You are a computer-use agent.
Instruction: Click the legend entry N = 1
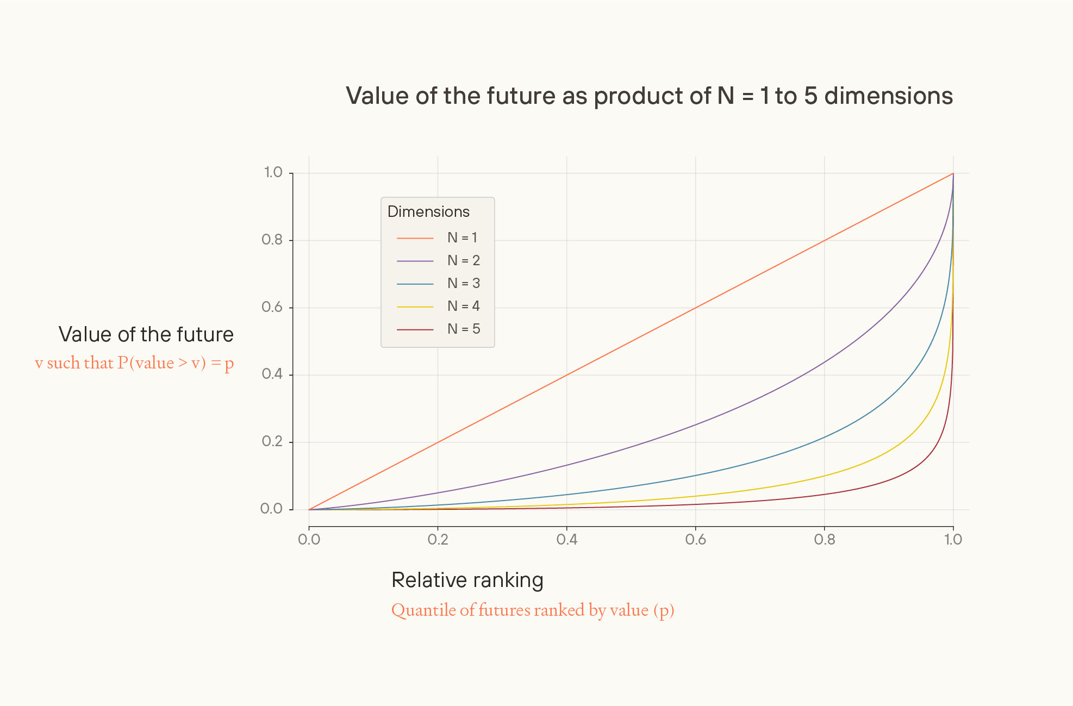(463, 238)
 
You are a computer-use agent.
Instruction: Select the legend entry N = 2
(463, 261)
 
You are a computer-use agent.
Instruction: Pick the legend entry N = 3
(463, 284)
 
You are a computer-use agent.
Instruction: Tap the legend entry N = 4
(463, 307)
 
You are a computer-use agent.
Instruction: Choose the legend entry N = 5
(463, 329)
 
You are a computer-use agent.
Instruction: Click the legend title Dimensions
(428, 212)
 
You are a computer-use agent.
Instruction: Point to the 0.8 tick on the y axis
(272, 240)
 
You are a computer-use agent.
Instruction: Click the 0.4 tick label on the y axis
(272, 374)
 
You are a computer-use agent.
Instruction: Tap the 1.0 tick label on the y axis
(273, 173)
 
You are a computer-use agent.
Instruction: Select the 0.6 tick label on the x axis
(695, 540)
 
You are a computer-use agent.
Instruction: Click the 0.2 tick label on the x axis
(438, 540)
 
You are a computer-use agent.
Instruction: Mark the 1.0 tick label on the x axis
(953, 540)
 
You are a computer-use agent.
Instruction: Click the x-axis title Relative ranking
(467, 580)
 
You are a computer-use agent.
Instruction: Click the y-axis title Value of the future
(146, 335)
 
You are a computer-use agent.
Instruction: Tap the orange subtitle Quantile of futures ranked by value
(532, 610)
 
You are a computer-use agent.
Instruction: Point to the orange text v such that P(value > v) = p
(134, 363)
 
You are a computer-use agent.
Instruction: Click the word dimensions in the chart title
(888, 96)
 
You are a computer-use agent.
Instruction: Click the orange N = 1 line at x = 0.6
(696, 308)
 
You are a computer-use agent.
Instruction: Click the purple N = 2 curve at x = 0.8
(825, 362)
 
